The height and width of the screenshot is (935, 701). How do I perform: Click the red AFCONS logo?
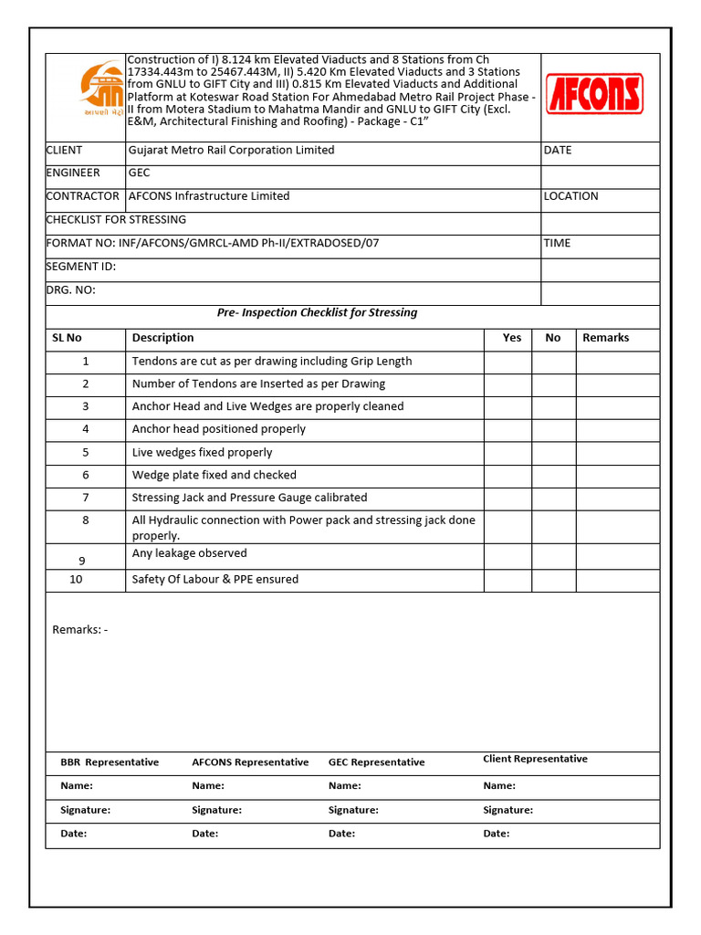(594, 94)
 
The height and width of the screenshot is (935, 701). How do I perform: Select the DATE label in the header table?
(557, 150)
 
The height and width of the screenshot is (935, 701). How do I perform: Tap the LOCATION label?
(570, 195)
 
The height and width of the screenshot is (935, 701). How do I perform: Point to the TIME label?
(557, 243)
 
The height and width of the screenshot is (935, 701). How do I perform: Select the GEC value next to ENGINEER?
(140, 173)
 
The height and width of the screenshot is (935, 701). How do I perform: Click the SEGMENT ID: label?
(81, 267)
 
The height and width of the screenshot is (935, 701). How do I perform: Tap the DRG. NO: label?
(71, 290)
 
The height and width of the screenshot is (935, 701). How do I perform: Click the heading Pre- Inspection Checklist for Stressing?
(317, 312)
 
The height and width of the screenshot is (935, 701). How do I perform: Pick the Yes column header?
(512, 338)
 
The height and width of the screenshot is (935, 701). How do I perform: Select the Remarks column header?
(605, 338)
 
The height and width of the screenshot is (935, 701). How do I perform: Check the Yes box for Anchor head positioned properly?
(507, 430)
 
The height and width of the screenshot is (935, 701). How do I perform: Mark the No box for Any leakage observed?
(553, 556)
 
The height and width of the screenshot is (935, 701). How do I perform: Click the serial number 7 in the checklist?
(86, 498)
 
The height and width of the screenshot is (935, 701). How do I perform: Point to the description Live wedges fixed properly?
(202, 452)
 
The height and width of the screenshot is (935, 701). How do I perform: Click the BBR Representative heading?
(110, 762)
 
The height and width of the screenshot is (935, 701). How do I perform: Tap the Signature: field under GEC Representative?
(353, 810)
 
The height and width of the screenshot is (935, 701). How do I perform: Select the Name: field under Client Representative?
(499, 785)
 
